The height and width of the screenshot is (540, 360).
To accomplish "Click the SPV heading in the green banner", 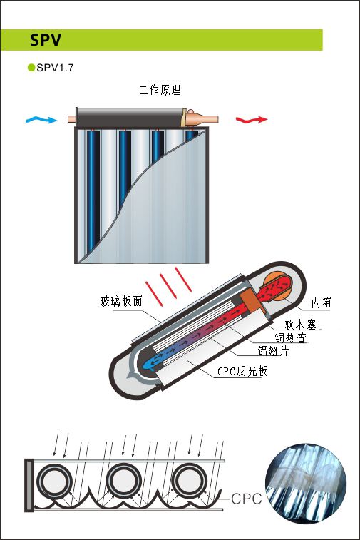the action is pyautogui.click(x=46, y=40).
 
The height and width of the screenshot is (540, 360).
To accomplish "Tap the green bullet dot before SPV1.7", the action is pyautogui.click(x=31, y=68).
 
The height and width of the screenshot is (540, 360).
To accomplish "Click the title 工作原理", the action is pyautogui.click(x=160, y=90).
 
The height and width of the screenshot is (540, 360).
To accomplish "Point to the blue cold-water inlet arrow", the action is pyautogui.click(x=41, y=120).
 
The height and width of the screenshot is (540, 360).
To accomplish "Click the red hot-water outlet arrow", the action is pyautogui.click(x=252, y=120).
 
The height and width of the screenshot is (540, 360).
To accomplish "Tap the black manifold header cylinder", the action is pyautogui.click(x=129, y=118).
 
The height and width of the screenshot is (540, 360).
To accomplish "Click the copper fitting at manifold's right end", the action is pyautogui.click(x=200, y=118).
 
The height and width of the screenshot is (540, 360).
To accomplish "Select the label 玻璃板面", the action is pyautogui.click(x=121, y=301).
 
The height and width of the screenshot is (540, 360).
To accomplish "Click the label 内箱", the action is pyautogui.click(x=321, y=302).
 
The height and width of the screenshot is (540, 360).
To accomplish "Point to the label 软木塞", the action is pyautogui.click(x=300, y=324).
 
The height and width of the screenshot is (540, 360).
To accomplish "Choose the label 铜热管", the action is pyautogui.click(x=290, y=337).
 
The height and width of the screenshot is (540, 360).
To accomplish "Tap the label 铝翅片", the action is pyautogui.click(x=274, y=350).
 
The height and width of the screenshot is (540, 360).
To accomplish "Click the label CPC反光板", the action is pyautogui.click(x=242, y=371).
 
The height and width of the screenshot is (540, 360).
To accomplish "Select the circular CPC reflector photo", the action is pyautogui.click(x=306, y=484).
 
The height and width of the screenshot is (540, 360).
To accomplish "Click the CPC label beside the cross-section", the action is pyautogui.click(x=247, y=499).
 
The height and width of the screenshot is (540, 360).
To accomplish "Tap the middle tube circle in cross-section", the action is pyautogui.click(x=123, y=481).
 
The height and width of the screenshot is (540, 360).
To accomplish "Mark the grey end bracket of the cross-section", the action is pyautogui.click(x=29, y=485).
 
